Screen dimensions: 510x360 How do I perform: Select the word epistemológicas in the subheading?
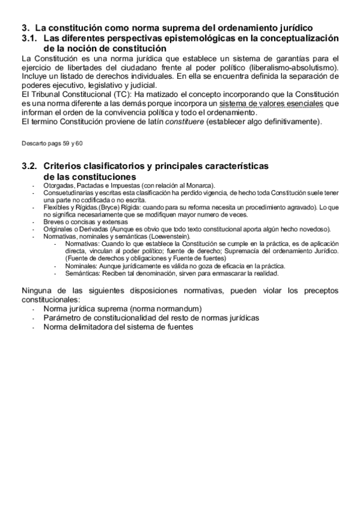coord(177,38)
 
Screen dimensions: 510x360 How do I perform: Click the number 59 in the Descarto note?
coord(66,145)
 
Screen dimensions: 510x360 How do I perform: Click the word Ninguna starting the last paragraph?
coord(37,291)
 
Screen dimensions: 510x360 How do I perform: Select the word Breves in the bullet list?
coord(54,221)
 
